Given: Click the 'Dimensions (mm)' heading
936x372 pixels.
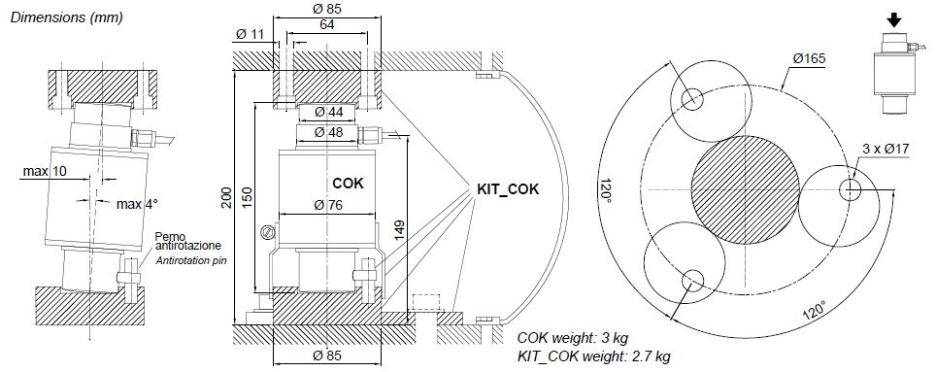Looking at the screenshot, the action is tap(67, 17).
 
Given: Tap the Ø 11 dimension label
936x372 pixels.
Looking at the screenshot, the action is tap(250, 34).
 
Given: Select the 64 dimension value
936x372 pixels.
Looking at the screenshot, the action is tap(327, 24).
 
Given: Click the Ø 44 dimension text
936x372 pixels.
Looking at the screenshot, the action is tap(328, 112).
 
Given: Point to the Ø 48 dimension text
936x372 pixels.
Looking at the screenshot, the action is tap(328, 132).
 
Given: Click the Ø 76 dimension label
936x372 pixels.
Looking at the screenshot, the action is tap(328, 205).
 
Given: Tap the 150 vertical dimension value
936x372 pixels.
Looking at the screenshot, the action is tap(248, 197).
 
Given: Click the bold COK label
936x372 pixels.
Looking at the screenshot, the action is tap(348, 184).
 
